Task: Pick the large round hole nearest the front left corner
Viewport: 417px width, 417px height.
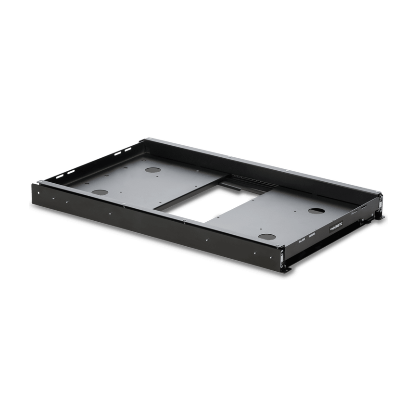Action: point(101,191)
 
